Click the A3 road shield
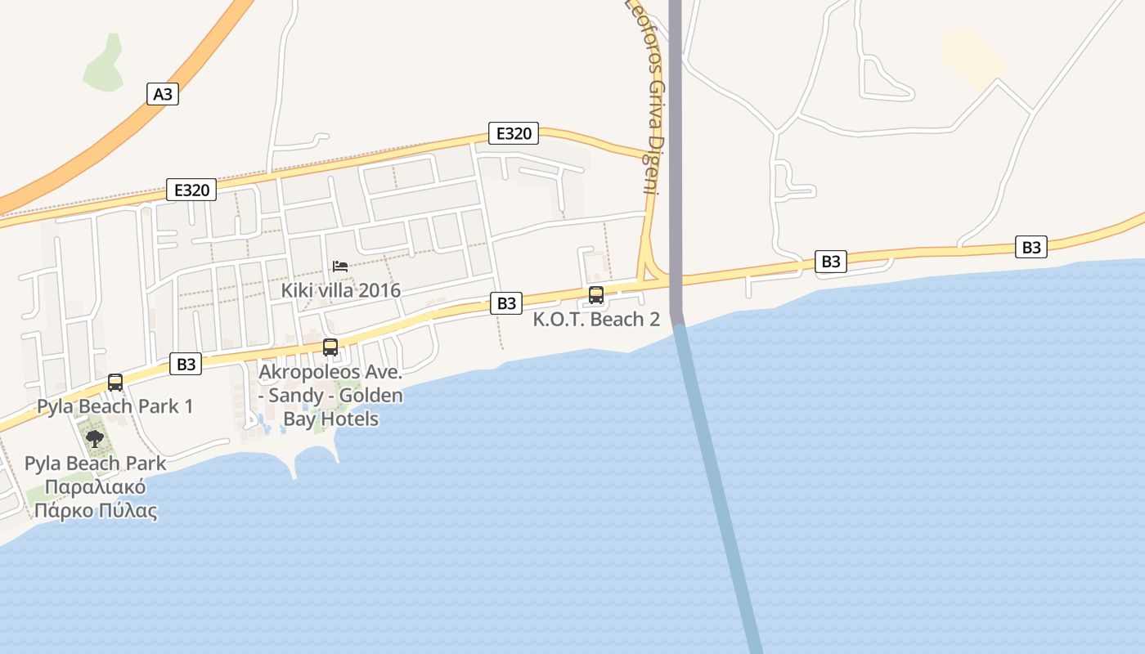[164, 94]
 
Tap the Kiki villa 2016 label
[341, 290]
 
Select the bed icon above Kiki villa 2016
[340, 267]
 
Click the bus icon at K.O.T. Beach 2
[596, 295]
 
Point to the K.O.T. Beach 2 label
[596, 319]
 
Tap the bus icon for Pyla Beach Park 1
[115, 382]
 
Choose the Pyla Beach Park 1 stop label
[115, 406]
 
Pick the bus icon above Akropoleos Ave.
[330, 347]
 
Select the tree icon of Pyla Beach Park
[95, 439]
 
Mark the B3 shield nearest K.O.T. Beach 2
[507, 302]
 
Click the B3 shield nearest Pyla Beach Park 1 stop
[186, 364]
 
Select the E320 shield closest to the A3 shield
[192, 190]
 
